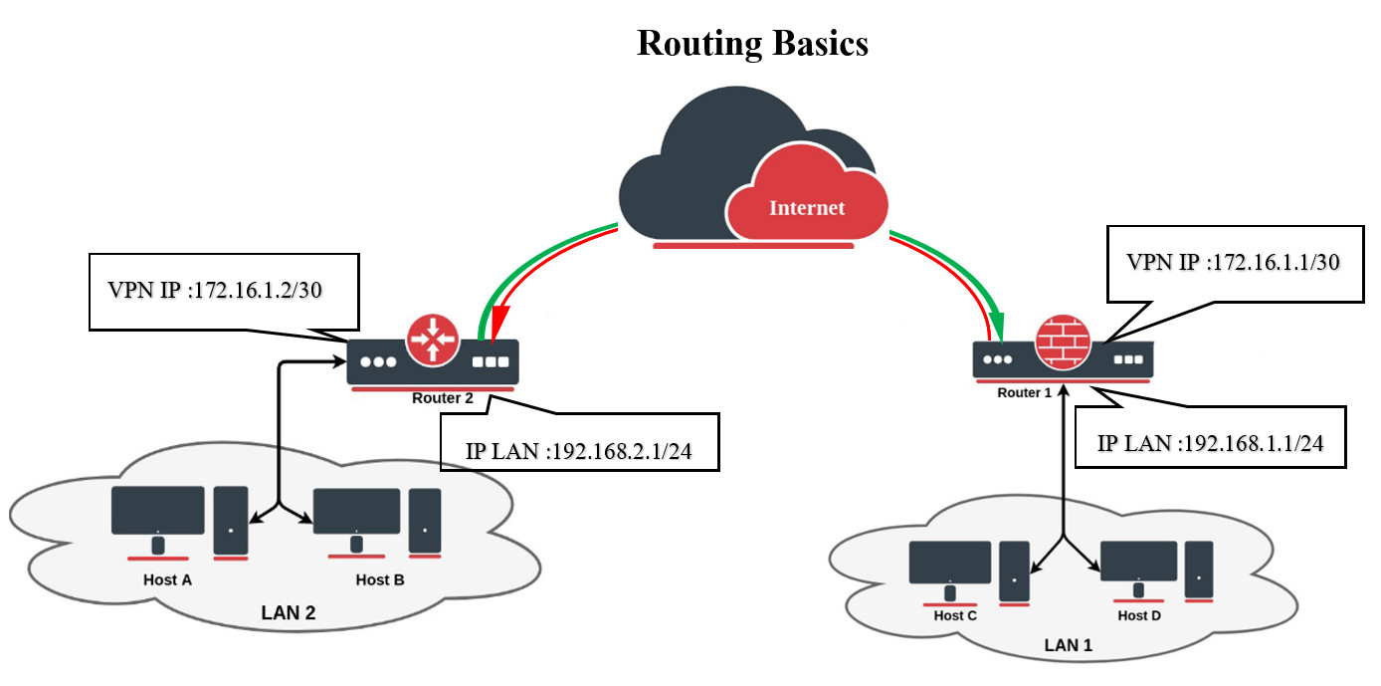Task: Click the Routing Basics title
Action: (752, 43)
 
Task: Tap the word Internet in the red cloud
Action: (806, 207)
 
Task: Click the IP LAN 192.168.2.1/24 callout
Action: (578, 451)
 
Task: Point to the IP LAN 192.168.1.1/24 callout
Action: (1210, 443)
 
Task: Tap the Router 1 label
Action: (1024, 392)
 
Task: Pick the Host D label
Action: (1139, 615)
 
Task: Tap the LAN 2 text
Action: (287, 613)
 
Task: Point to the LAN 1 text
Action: (1068, 645)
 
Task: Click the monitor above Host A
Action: (157, 511)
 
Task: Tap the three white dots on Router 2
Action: (379, 361)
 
